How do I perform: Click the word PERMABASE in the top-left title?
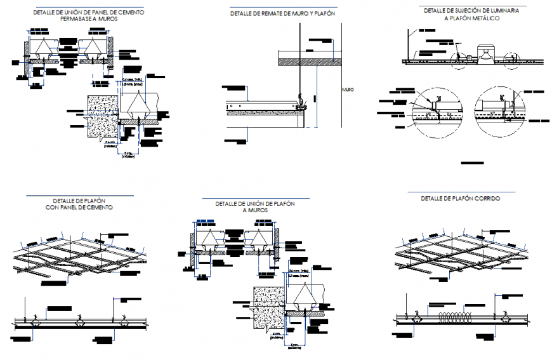coord(76,19)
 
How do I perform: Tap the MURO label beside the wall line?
coord(348,90)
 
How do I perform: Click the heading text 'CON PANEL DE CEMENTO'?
coord(79,208)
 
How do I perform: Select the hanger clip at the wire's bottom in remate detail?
coord(300,99)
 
